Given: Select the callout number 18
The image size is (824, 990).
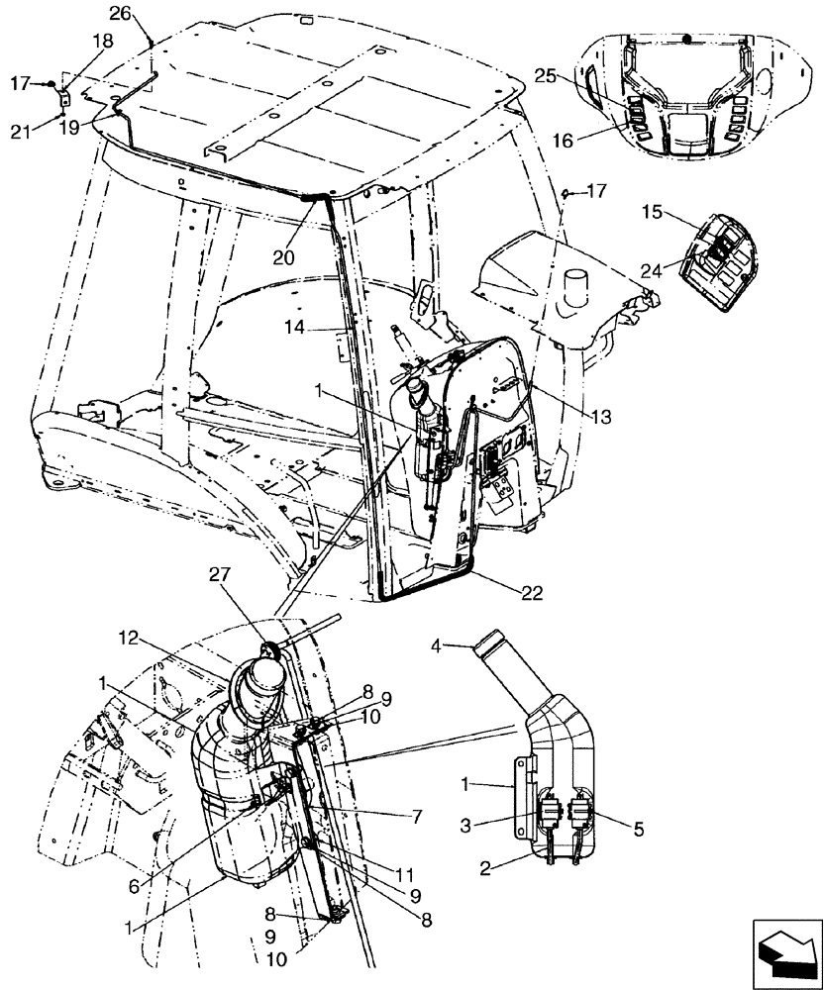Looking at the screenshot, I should click(x=103, y=41).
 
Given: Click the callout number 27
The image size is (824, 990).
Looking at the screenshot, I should click(x=221, y=602).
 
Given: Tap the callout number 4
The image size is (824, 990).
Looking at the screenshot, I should click(x=437, y=648).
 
